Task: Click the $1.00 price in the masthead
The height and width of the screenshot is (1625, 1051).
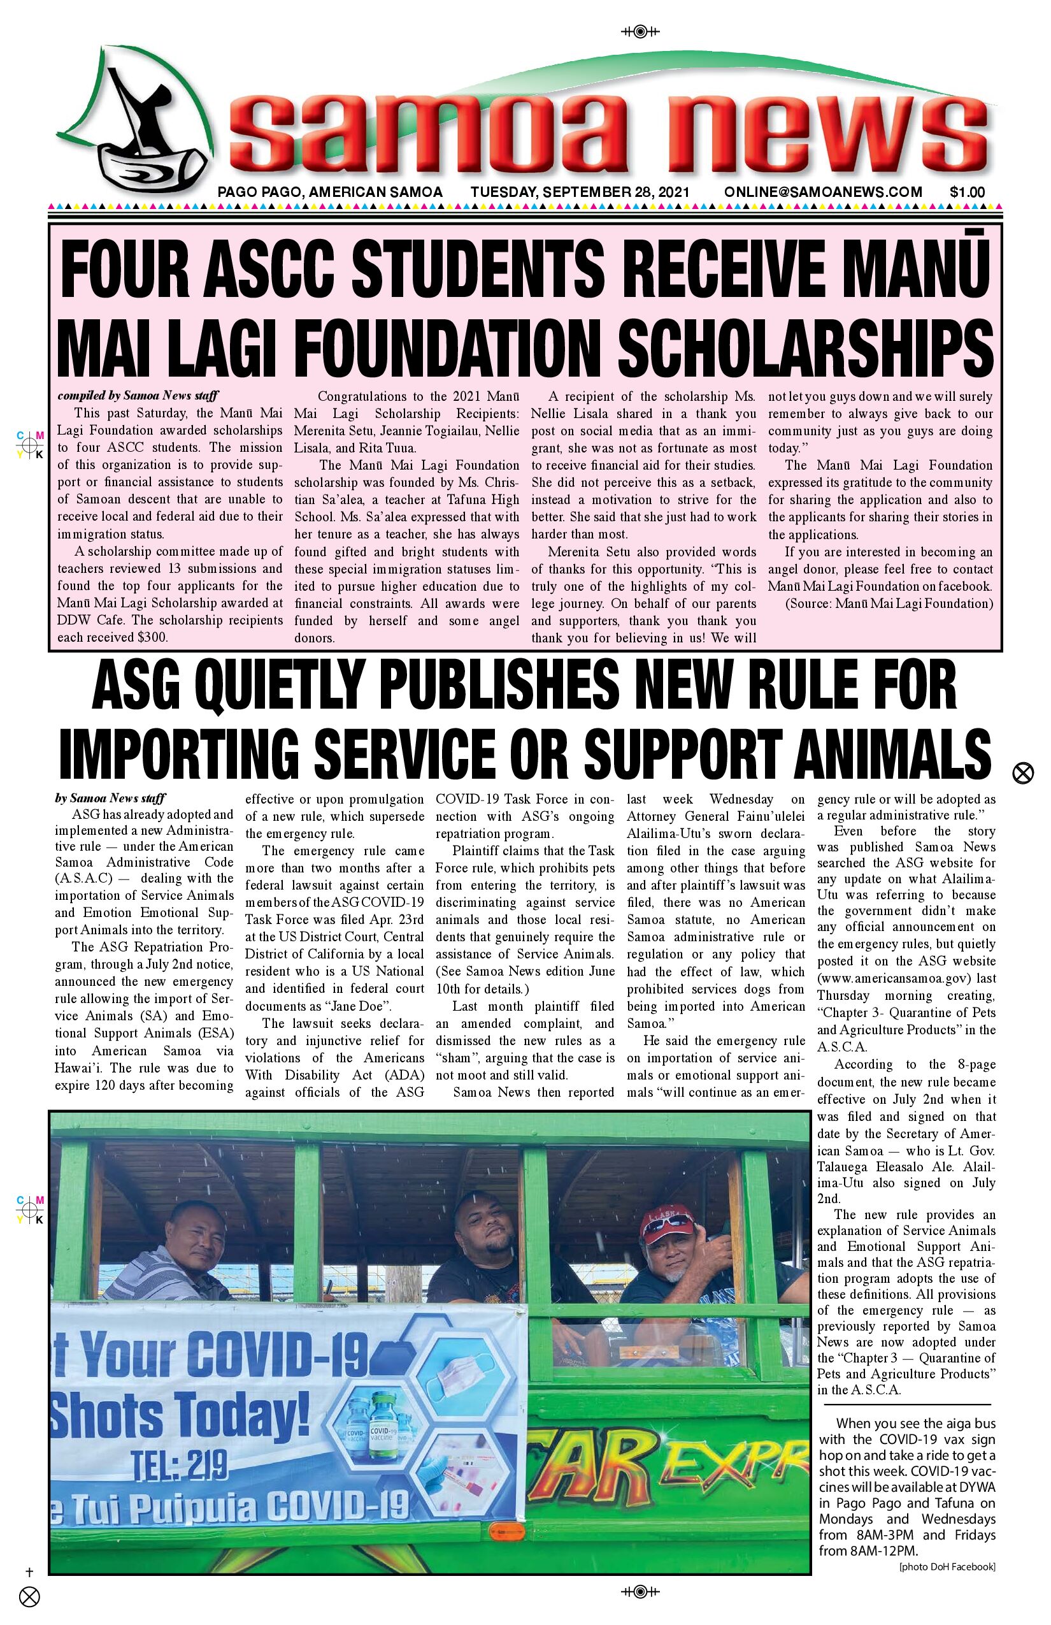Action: pos(967,192)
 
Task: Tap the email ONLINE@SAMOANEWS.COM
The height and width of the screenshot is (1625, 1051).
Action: pos(823,192)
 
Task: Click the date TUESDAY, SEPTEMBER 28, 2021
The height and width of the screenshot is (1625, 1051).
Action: pos(580,192)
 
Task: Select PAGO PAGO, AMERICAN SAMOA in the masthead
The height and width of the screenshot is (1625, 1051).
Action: pos(330,192)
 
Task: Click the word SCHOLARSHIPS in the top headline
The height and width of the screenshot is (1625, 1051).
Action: pos(804,345)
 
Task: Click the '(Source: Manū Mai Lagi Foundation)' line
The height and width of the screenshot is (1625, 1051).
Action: pos(889,603)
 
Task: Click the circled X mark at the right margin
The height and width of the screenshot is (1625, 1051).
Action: pos(1022,773)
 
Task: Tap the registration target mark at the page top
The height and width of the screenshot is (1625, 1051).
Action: pos(640,31)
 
